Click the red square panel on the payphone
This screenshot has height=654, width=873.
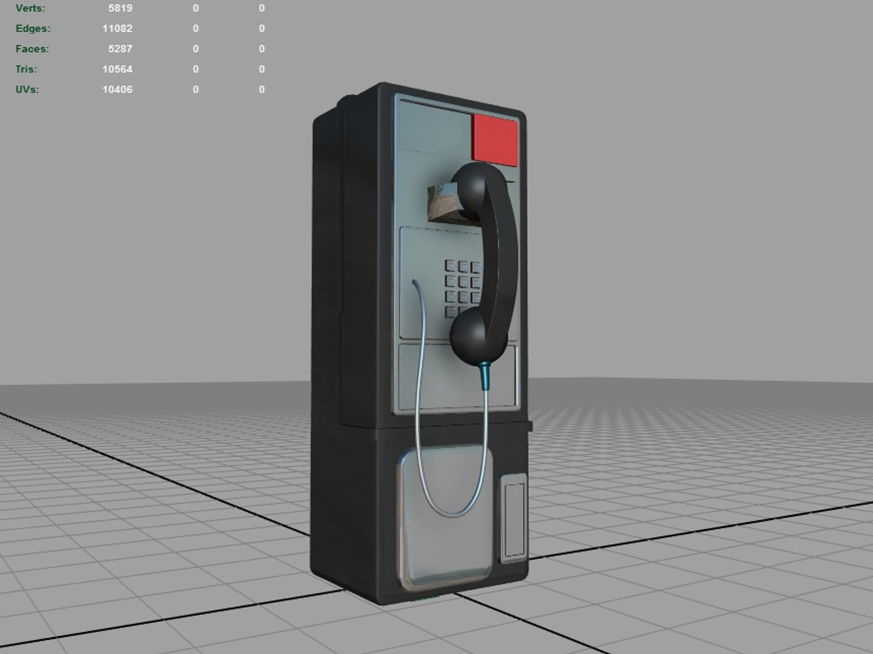495,139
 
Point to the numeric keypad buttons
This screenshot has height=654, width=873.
462,288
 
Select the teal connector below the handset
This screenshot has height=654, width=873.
485,376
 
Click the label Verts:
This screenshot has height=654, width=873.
30,8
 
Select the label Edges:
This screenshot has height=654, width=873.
33,28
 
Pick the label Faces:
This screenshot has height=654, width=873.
32,49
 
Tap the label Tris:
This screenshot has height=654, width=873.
26,69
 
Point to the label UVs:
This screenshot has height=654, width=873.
27,90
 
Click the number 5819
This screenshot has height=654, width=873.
121,8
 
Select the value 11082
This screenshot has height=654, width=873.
117,28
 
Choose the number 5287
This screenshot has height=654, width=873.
121,49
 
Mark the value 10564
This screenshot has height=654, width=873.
117,69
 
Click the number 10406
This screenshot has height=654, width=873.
117,90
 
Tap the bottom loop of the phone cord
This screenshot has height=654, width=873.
451,514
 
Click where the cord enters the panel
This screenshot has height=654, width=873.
414,282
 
